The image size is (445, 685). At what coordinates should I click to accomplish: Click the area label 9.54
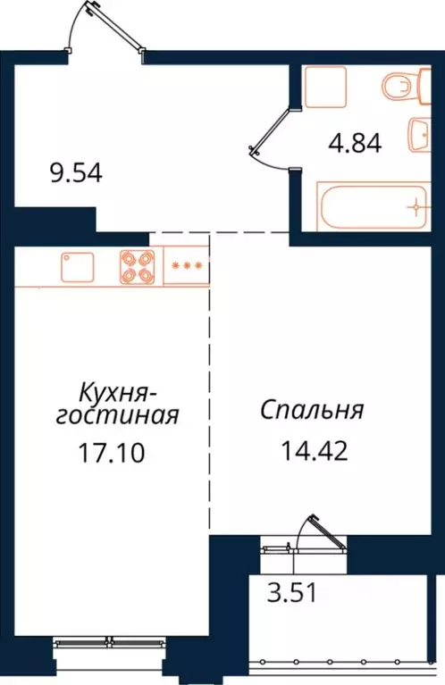(76, 171)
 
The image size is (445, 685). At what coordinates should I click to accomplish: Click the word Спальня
(312, 410)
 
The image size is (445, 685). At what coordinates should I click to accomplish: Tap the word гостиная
(118, 416)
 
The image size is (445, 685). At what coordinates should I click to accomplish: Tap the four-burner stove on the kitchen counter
(138, 266)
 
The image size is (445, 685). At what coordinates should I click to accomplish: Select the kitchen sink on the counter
(78, 266)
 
